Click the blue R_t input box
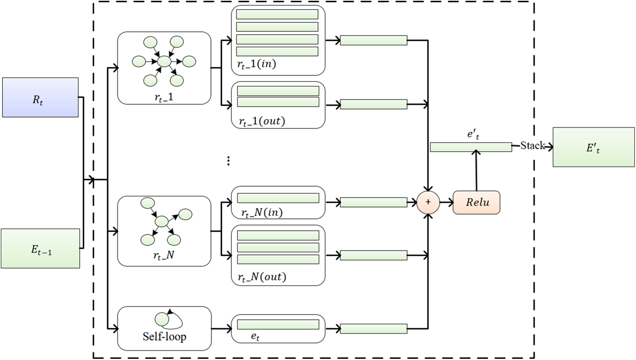pyautogui.click(x=40, y=97)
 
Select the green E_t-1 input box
pyautogui.click(x=40, y=248)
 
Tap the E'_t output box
pyautogui.click(x=594, y=147)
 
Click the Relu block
pyautogui.click(x=476, y=202)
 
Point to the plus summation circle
pyautogui.click(x=428, y=202)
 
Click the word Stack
pyautogui.click(x=532, y=145)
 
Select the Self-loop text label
pyautogui.click(x=164, y=337)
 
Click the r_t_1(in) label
pyautogui.click(x=257, y=65)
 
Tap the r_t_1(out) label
pyautogui.click(x=262, y=122)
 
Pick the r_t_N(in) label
pyautogui.click(x=262, y=213)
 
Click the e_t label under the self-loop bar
pyautogui.click(x=255, y=337)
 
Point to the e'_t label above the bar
pyautogui.click(x=473, y=135)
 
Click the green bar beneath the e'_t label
pyautogui.click(x=471, y=147)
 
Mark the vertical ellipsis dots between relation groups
pyautogui.click(x=228, y=161)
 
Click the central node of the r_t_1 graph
pyautogui.click(x=164, y=61)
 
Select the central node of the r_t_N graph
pyautogui.click(x=162, y=221)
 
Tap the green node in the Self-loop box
pyautogui.click(x=162, y=319)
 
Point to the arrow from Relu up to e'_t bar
pyautogui.click(x=476, y=170)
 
